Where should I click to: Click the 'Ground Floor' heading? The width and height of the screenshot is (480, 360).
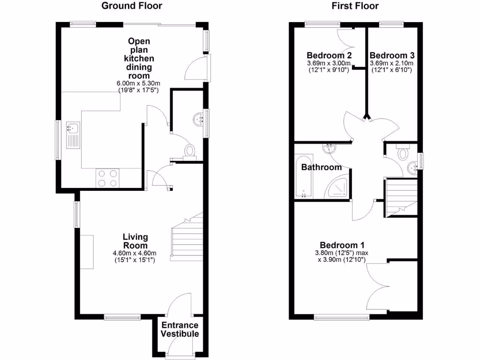pos(132,6)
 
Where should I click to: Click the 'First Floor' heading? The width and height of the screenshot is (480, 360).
pos(355,6)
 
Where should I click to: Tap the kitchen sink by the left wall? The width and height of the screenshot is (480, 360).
pos(74,135)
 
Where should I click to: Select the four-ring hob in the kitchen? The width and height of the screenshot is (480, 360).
pos(108,178)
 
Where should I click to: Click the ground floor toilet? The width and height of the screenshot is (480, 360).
pos(190,151)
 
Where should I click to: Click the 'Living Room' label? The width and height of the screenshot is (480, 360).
pos(135,241)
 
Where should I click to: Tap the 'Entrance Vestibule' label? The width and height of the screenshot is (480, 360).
pos(180,330)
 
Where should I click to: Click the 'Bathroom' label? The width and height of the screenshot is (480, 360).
pos(321,167)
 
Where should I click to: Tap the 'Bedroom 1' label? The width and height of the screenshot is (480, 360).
pos(342,245)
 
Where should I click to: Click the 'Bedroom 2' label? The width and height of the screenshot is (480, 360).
pos(330,55)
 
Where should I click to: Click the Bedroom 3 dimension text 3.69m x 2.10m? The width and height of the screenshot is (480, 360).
pos(392,63)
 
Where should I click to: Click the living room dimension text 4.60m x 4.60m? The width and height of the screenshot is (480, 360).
pos(135,253)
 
